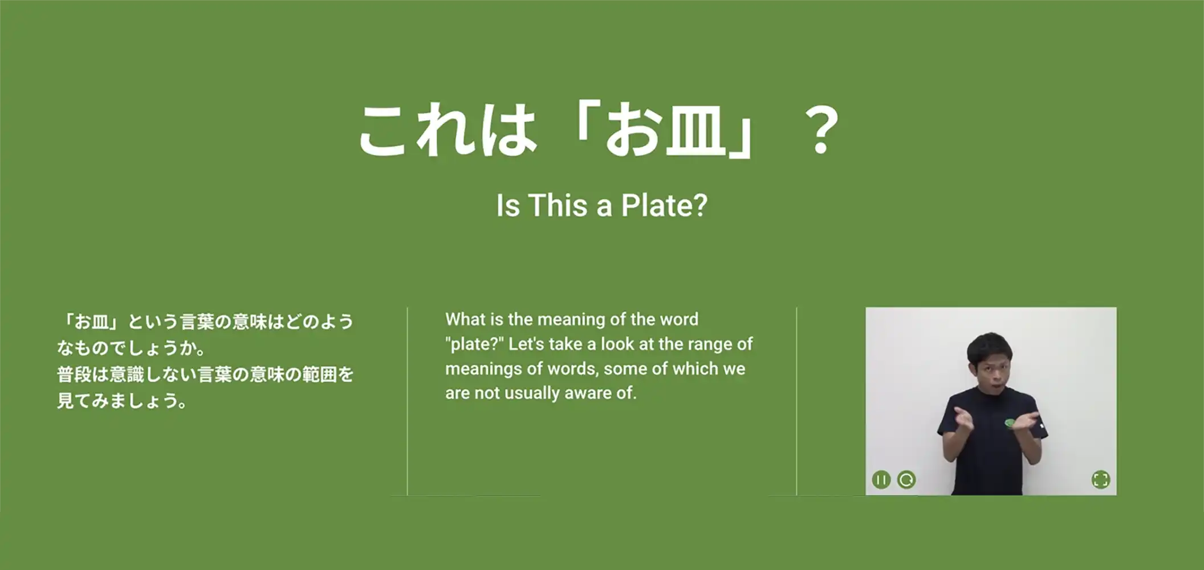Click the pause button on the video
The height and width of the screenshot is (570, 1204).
(881, 480)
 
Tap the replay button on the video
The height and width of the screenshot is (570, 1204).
(906, 480)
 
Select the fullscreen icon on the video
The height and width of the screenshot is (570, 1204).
(1101, 480)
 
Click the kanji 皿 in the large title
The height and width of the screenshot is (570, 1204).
(695, 131)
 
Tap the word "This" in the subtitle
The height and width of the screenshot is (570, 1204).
(558, 205)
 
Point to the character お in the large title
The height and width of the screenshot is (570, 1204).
(632, 131)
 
